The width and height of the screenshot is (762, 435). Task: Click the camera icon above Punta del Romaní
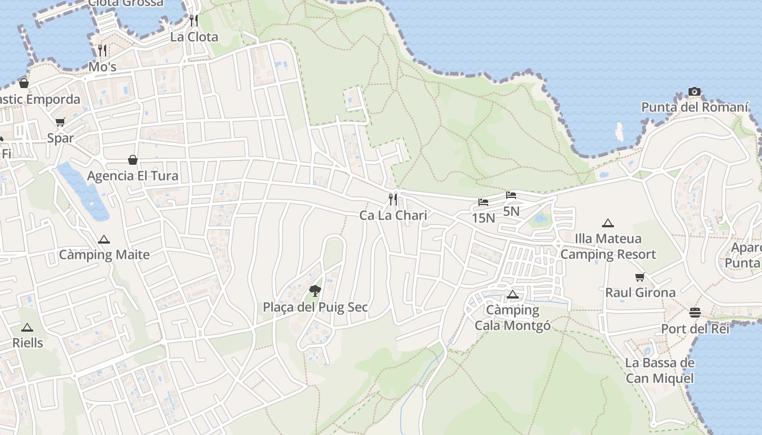tap(694, 91)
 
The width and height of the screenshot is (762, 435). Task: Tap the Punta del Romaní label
tap(695, 107)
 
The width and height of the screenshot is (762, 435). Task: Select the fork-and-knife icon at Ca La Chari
tap(393, 200)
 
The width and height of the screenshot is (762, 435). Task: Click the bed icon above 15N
tap(483, 203)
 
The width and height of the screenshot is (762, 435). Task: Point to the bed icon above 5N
tap(511, 195)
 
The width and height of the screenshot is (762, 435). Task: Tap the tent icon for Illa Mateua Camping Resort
tap(608, 223)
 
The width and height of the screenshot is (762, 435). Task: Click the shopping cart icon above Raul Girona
tap(640, 277)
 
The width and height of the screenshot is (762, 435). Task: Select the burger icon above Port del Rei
tap(695, 313)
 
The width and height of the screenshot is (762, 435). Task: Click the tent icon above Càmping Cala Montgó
tap(512, 295)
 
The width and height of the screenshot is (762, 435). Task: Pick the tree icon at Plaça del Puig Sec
tap(315, 290)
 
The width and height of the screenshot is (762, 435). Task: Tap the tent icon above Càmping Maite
tap(103, 239)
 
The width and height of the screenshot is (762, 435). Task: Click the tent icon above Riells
tap(27, 327)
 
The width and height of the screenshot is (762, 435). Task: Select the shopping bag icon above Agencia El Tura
tap(133, 160)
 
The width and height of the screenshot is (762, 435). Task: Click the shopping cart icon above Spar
tap(60, 122)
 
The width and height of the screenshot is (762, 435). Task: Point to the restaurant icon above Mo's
tap(102, 51)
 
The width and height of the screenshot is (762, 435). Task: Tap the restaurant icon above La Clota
tap(194, 21)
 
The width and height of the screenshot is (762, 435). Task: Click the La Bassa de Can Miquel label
tap(660, 371)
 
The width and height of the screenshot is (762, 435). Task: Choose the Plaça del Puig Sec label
tap(315, 307)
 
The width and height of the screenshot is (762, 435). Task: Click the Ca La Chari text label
tap(393, 215)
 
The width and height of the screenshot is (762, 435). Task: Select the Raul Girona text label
tap(640, 293)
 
